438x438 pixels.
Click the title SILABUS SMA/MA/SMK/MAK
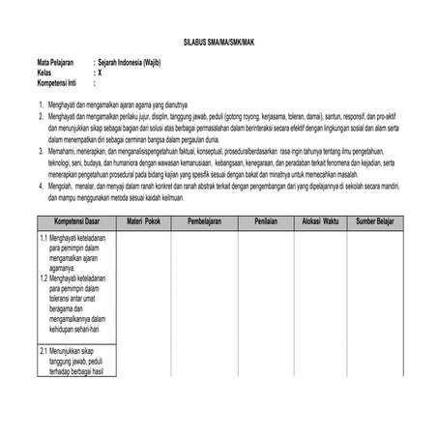[x=219, y=44]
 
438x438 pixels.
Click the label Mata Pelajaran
[x=44, y=63]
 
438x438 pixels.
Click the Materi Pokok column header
[x=142, y=221]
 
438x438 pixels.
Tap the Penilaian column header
[x=266, y=221]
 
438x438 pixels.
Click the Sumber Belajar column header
[x=379, y=221]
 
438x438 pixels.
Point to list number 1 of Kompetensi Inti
[x=28, y=103]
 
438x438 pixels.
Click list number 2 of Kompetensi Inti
[x=28, y=114]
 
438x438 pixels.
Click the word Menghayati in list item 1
[x=52, y=103]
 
